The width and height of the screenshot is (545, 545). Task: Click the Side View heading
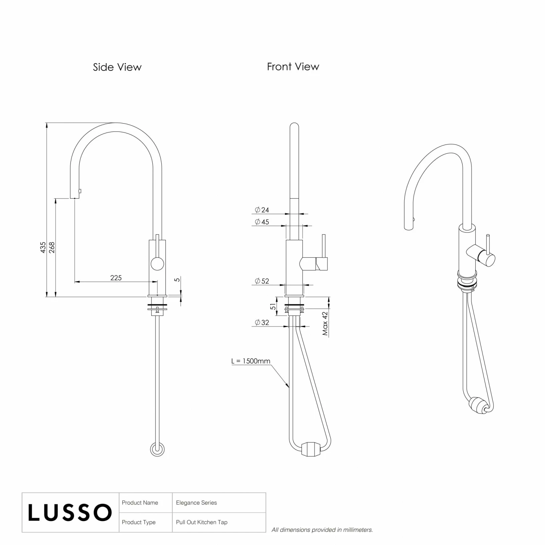click(x=117, y=67)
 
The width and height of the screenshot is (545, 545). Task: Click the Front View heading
click(x=293, y=67)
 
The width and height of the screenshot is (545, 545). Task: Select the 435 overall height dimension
click(x=43, y=247)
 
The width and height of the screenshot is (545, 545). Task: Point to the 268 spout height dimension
click(x=52, y=247)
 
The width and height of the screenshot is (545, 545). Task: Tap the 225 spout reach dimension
click(x=116, y=278)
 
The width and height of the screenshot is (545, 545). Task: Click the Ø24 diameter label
click(x=262, y=210)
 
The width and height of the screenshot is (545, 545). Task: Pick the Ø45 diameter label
click(x=262, y=222)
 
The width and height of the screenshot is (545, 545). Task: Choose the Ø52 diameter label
click(x=262, y=281)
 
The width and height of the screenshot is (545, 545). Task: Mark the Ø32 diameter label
click(x=262, y=322)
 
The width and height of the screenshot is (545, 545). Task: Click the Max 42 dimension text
click(x=325, y=323)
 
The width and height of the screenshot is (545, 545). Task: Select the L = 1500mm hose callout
click(x=251, y=361)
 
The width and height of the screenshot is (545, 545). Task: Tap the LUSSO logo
click(x=70, y=513)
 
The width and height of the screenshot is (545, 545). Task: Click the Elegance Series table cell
click(x=197, y=503)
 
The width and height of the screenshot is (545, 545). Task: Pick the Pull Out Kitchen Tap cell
click(x=202, y=522)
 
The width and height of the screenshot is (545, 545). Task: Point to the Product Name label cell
click(x=140, y=503)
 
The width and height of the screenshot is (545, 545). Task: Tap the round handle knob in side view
click(x=157, y=263)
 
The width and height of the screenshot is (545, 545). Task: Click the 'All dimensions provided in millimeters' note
click(x=322, y=530)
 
